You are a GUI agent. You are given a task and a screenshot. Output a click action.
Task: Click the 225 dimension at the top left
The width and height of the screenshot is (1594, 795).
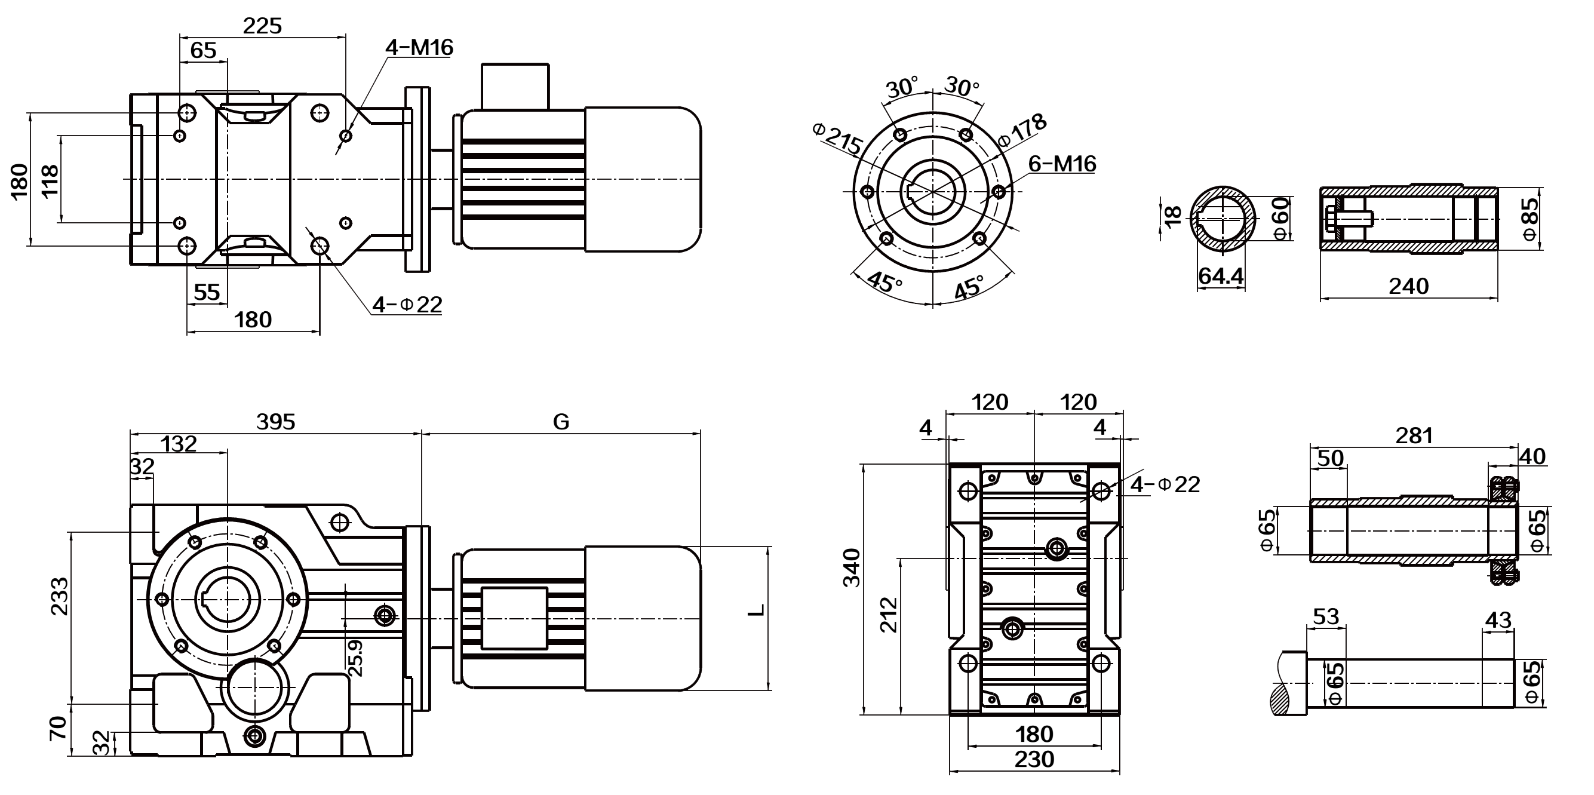tap(262, 26)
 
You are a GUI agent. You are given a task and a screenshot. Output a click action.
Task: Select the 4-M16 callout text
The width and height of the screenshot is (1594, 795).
tap(419, 48)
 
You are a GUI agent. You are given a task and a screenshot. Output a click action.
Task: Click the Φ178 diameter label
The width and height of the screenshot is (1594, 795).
tap(1024, 129)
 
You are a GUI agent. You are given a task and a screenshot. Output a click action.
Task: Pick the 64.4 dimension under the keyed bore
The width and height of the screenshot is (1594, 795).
tap(1220, 276)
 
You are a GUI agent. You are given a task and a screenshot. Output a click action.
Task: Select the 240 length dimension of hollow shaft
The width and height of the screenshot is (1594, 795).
tap(1408, 287)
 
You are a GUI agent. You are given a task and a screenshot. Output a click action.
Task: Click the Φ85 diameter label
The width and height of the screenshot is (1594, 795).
tap(1529, 218)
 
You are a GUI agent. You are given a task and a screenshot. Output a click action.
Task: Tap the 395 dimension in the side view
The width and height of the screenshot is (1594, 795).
tap(275, 422)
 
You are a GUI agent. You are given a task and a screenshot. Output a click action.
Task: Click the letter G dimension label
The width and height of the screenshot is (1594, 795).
tap(561, 422)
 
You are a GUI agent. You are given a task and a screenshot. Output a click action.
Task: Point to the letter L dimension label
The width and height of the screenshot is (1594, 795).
tap(756, 610)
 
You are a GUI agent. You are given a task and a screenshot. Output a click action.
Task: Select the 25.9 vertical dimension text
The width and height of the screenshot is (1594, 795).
tap(355, 658)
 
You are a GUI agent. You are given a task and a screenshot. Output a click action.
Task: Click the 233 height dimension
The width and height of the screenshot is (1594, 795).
tap(60, 597)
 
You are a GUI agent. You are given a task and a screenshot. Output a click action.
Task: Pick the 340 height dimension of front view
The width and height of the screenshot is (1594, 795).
tap(852, 567)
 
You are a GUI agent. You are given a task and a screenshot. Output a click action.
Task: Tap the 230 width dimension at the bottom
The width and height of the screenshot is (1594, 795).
tap(1033, 760)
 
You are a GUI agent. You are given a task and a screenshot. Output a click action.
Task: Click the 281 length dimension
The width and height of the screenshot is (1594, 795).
tap(1414, 436)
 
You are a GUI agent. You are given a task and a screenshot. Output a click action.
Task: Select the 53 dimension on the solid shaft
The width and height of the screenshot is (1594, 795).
tap(1325, 617)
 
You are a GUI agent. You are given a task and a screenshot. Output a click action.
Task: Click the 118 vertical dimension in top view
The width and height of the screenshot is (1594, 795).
tap(50, 180)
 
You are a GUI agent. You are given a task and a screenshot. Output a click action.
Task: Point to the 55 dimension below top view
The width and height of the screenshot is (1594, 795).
tap(207, 292)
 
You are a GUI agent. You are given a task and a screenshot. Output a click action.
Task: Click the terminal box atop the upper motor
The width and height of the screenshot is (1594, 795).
tap(515, 86)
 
